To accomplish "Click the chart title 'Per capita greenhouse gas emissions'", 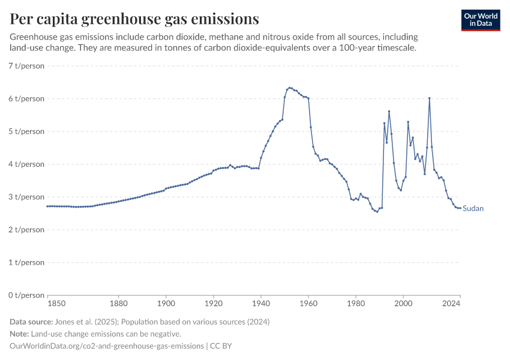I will (x=134, y=19).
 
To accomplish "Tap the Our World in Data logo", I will (x=480, y=20).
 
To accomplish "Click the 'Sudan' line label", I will (x=473, y=209).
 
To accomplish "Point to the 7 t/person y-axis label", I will (x=26, y=65).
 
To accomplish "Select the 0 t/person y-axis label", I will (x=26, y=295).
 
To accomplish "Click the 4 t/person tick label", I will (x=26, y=164).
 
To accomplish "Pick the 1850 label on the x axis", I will (x=56, y=304).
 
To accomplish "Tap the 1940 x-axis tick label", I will (x=260, y=304).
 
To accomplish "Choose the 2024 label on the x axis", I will (x=452, y=304).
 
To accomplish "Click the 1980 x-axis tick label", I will (x=356, y=304).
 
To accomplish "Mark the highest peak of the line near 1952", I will (x=290, y=88).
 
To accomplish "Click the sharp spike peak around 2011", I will (x=430, y=98).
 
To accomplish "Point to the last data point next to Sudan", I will (x=460, y=208).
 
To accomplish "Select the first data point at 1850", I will (x=47, y=206).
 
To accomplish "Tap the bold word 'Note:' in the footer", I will (x=20, y=334).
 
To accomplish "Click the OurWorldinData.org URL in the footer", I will (x=106, y=346).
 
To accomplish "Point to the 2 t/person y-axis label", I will (x=26, y=230).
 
